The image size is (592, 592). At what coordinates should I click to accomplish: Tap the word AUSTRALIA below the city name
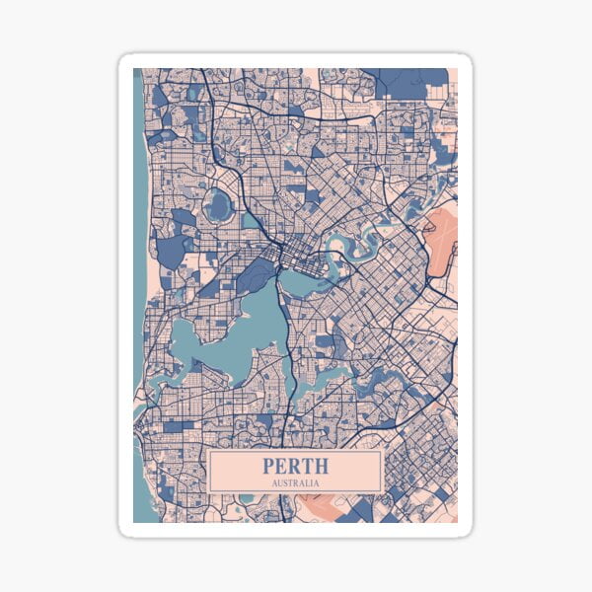295,483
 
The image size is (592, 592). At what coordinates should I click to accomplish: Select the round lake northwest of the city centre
218,205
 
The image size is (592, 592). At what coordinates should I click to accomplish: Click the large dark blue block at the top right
412,82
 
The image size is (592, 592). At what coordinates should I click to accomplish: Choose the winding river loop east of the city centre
345,245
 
